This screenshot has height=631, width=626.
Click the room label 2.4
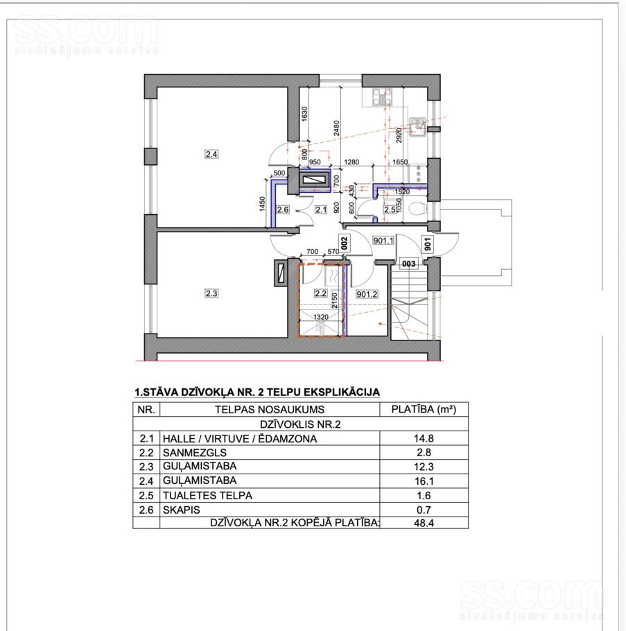211,154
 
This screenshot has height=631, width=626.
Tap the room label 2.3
211,293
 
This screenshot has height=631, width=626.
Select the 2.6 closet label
283,209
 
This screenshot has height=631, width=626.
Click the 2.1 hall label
321,209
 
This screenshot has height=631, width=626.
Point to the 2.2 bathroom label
321,293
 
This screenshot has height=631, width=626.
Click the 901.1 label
383,241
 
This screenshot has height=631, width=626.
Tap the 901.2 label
367,294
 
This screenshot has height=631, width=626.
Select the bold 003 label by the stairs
409,263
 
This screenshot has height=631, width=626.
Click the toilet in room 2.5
417,209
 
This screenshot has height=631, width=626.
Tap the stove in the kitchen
382,97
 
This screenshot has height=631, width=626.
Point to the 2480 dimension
337,128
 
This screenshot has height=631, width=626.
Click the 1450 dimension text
262,204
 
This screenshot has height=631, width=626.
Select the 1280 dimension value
351,162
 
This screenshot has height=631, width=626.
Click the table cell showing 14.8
424,438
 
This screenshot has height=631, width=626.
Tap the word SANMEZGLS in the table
195,452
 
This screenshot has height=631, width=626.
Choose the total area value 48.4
424,523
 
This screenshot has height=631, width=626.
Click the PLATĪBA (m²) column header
424,409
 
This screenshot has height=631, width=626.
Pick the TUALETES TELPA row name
207,495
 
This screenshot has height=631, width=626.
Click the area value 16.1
424,481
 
